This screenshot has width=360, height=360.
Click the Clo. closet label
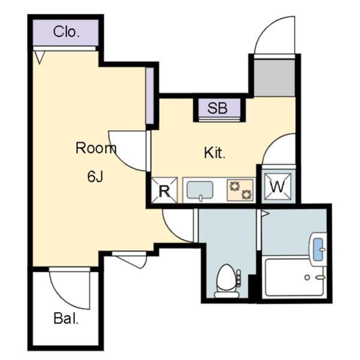pos(67,32)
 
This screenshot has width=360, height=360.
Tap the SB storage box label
pos(217,108)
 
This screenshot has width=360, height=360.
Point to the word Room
pos(96,148)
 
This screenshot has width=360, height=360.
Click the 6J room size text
pos(95,176)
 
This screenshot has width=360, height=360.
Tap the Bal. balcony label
pos(66,319)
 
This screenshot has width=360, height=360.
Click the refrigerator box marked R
pos(164,190)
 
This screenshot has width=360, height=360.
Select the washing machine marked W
pos(278,187)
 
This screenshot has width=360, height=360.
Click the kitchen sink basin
pos(200,190)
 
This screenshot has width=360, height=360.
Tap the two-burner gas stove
pos(240,190)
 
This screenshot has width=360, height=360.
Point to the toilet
pos(227,281)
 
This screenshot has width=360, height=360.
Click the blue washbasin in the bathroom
pos(318,250)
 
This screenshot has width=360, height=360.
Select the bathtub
pos(295,278)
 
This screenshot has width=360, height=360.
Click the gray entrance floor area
pos(274,77)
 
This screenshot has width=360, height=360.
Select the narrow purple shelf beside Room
pos(149,96)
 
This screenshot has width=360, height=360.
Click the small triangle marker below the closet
pos(40,58)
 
